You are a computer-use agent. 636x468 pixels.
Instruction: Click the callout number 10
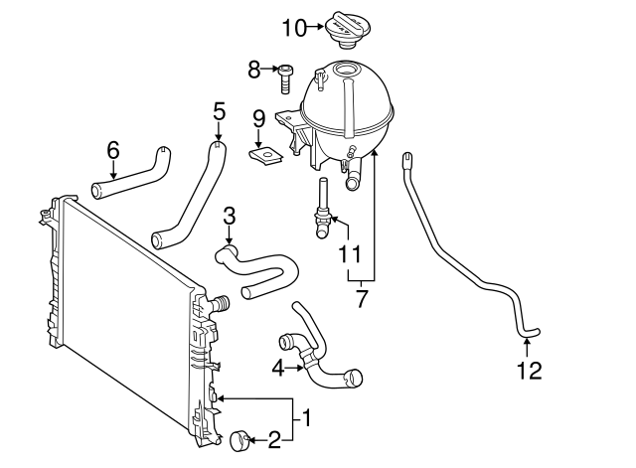click(x=294, y=29)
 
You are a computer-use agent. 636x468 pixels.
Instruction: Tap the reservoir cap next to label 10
click(x=347, y=30)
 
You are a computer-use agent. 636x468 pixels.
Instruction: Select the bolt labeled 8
click(x=285, y=78)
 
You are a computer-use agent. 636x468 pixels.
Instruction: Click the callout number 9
click(x=258, y=119)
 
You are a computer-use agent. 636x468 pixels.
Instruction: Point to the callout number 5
click(x=219, y=110)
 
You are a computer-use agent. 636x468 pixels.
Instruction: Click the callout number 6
click(x=113, y=150)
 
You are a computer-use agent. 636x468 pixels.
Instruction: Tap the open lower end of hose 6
click(x=97, y=192)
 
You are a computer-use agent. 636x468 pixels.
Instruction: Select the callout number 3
click(x=230, y=217)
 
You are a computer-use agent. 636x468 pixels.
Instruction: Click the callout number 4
click(x=278, y=369)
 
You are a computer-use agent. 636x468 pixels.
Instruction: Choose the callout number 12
click(x=530, y=371)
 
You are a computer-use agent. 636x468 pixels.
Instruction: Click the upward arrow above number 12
click(x=527, y=349)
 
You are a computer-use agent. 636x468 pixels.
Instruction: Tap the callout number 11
click(x=349, y=254)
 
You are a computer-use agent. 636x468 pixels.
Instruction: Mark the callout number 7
click(x=361, y=298)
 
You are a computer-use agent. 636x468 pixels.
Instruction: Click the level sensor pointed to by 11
click(x=324, y=209)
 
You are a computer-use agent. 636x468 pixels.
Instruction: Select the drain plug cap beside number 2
click(x=238, y=441)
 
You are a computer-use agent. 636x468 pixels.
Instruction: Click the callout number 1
click(x=307, y=417)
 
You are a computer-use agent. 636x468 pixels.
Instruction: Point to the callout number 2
click(x=274, y=439)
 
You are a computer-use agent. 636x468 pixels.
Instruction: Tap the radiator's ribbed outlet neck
click(x=220, y=304)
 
